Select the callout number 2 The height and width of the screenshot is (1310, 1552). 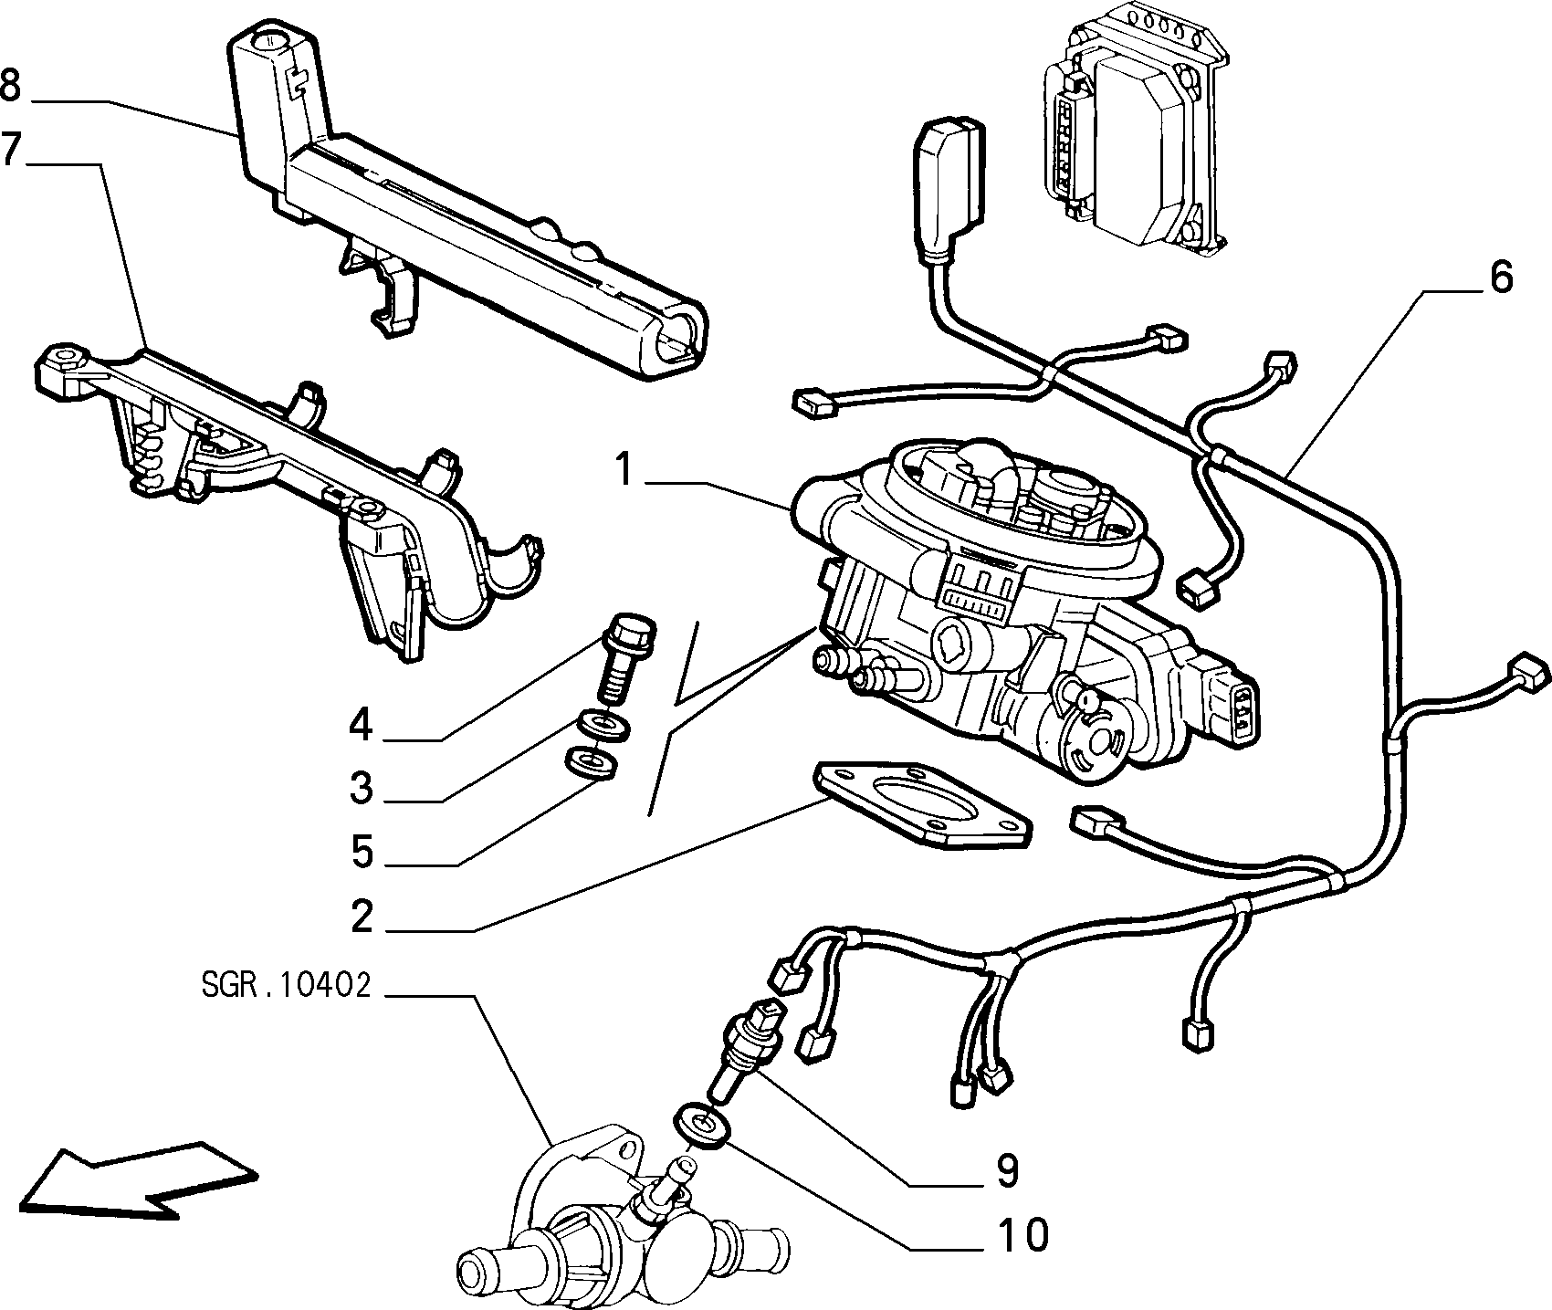pos(362,916)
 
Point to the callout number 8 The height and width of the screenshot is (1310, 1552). pos(11,86)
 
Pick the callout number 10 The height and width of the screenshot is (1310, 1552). pos(1022,1235)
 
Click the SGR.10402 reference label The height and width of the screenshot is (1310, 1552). pos(285,986)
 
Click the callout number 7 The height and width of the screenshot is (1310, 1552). pos(11,150)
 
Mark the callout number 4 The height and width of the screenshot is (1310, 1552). pos(362,725)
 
